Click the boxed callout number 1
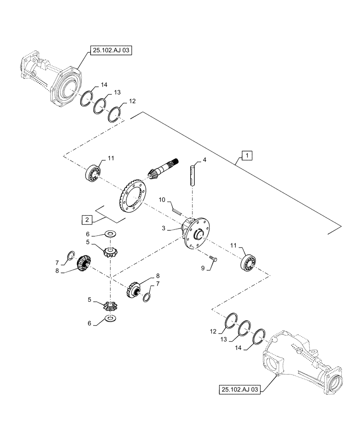[247, 155]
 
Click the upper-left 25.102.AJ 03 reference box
[111, 51]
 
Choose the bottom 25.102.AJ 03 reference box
[240, 389]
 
